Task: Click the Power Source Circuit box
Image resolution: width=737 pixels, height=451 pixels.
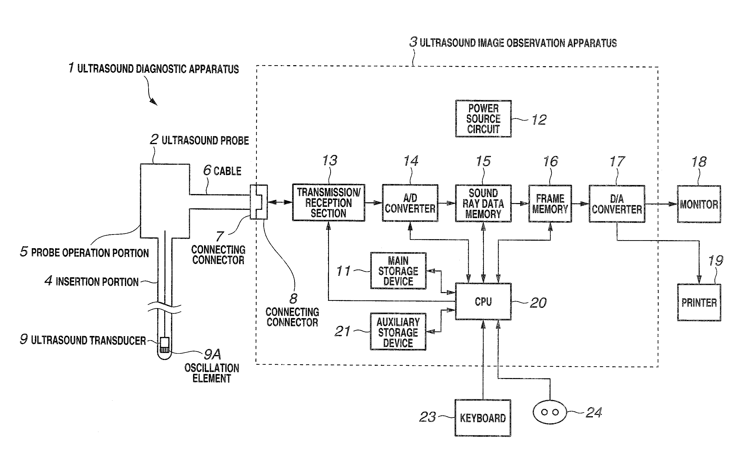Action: [483, 119]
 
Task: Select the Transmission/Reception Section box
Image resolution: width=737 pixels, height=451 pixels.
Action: [328, 203]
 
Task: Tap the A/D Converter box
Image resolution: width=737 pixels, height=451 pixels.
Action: [410, 203]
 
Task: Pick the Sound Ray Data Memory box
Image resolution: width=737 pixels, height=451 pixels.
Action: [483, 203]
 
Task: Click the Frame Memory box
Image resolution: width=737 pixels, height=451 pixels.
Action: [550, 204]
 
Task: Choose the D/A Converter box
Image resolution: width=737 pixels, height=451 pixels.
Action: [617, 204]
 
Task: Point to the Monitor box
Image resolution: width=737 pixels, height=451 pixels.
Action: [699, 204]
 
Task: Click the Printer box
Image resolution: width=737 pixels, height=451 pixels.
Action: [699, 303]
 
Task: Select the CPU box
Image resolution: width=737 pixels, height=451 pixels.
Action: [483, 302]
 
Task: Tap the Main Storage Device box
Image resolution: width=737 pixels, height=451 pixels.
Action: [398, 271]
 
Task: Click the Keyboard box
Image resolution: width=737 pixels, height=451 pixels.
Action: [483, 418]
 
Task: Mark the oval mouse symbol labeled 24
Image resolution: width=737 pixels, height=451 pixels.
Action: [550, 412]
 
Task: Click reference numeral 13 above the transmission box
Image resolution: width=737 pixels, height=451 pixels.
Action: [330, 160]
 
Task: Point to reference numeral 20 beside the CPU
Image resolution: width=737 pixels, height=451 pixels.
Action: [538, 303]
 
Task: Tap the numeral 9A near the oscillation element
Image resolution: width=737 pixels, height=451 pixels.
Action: [212, 354]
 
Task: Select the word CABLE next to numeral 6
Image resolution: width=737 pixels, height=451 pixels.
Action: [228, 171]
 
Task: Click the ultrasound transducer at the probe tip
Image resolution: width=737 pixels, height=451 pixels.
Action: [164, 345]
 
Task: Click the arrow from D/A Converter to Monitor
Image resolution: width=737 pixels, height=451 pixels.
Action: [661, 204]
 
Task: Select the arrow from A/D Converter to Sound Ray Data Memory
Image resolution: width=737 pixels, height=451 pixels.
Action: [447, 203]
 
